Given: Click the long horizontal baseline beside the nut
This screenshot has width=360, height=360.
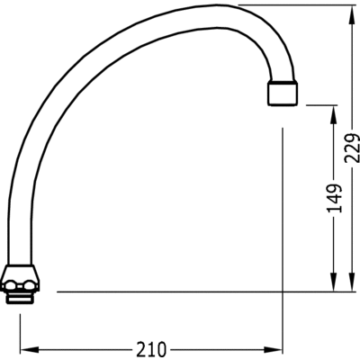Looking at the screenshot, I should point(198,292).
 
